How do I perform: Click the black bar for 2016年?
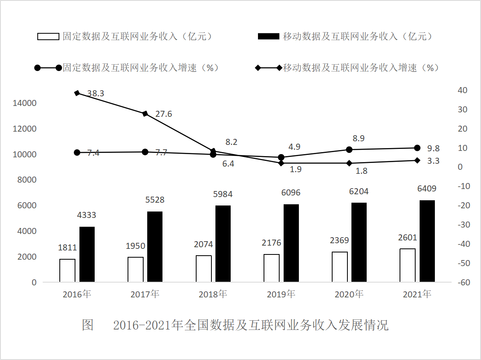(x=87, y=254)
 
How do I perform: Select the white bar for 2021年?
(x=408, y=265)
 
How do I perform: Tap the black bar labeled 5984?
(x=223, y=244)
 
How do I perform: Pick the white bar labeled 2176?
(x=272, y=268)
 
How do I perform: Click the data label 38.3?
(x=95, y=94)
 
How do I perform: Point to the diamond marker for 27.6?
(x=145, y=114)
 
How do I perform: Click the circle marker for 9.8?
(x=417, y=148)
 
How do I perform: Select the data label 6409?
(x=427, y=188)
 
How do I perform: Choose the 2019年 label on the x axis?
(x=281, y=294)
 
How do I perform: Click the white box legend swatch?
(x=48, y=37)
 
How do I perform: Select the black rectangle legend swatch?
(x=268, y=37)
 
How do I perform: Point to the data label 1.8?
(x=362, y=171)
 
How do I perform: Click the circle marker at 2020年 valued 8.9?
(x=349, y=149)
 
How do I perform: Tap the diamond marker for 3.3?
(x=417, y=160)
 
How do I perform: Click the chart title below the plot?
(x=235, y=325)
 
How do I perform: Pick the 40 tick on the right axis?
(x=463, y=90)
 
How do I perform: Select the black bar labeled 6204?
(x=359, y=242)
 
